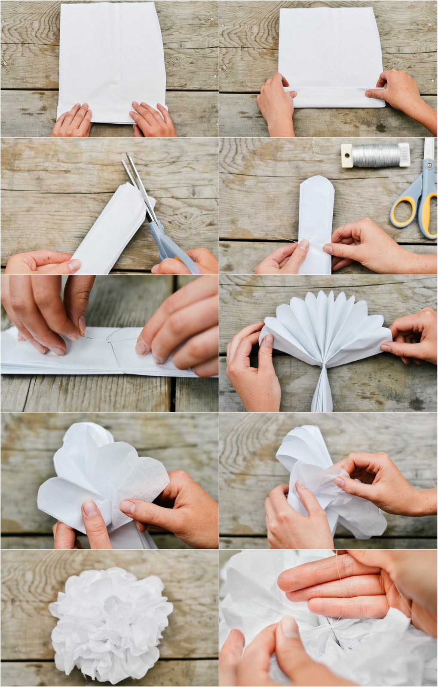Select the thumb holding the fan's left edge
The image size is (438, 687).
pos(266,343)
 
